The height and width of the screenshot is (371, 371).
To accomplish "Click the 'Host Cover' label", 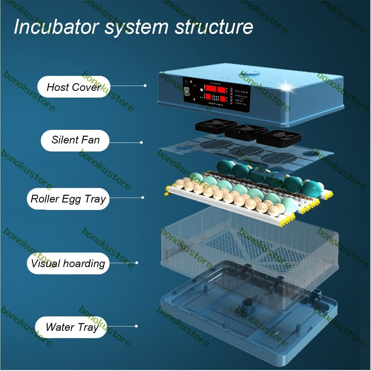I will click(x=74, y=87).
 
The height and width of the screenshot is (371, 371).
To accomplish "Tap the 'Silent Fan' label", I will click(x=75, y=140).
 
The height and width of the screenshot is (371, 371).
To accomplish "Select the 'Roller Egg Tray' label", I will click(x=68, y=198).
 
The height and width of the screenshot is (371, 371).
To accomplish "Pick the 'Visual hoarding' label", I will click(x=68, y=263).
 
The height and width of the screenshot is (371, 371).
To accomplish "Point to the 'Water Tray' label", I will click(x=71, y=327).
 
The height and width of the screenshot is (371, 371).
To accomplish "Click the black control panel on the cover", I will click(x=216, y=94).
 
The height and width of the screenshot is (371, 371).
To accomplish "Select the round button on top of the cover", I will click(x=250, y=74).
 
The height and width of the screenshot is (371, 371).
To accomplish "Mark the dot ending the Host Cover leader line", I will click(x=145, y=86).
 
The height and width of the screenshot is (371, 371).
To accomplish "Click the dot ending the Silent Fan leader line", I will click(x=141, y=143).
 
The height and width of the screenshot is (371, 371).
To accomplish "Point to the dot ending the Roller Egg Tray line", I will click(x=143, y=198).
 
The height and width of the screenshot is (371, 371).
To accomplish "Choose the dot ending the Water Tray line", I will click(x=136, y=326).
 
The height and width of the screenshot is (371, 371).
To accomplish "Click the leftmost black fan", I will click(x=211, y=126).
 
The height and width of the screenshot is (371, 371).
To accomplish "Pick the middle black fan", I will click(x=246, y=131).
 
